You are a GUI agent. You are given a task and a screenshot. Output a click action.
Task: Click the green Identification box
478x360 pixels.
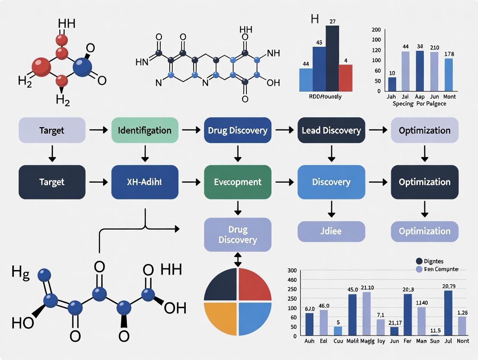pos(145,130)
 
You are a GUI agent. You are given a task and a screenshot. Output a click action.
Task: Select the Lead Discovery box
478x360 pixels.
pos(331,130)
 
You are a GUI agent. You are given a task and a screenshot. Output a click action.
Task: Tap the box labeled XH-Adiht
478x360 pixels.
pos(145,182)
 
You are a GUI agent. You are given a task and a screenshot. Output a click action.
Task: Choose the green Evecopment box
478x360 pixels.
pos(238,182)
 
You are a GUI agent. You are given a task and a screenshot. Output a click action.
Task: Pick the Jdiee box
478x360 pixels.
pos(331,231)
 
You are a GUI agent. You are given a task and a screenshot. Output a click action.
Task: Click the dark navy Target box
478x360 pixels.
pos(52,182)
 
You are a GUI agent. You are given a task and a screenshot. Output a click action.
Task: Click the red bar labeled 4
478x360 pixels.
pos(346,77)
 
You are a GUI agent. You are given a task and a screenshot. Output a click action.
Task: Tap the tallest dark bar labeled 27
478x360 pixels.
pos(332,58)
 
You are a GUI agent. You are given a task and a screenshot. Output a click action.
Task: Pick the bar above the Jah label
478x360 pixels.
pos(392,84)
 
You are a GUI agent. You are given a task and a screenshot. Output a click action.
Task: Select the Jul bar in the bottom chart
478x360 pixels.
pos(448,313)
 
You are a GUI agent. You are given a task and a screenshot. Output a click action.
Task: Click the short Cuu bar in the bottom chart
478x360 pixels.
pos(338,331)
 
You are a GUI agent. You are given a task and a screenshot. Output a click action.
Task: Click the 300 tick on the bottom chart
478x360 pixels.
pos(291,270)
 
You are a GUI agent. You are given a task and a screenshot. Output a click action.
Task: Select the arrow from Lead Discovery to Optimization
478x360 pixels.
pos(378,130)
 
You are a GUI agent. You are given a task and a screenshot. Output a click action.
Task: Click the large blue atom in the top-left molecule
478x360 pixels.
pos(83,67)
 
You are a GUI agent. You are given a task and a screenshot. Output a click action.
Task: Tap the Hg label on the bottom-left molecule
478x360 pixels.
pos(20,273)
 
